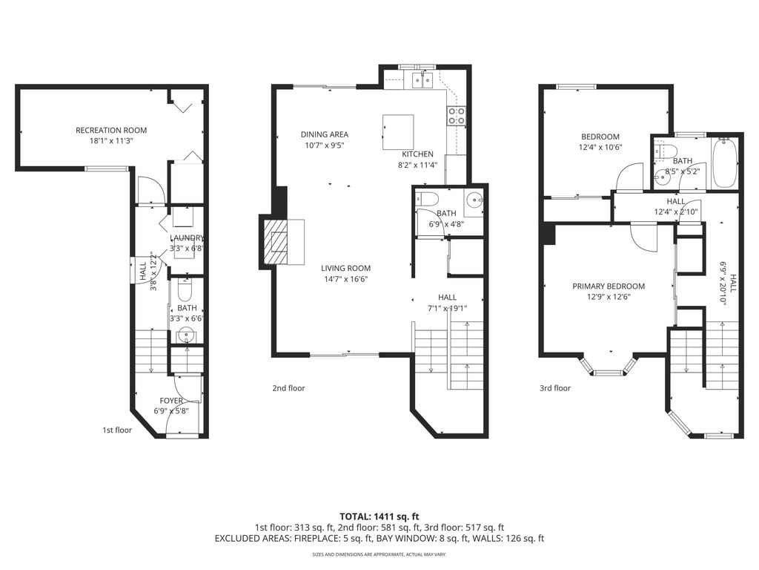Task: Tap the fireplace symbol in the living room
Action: (281, 241)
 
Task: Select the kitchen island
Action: (397, 132)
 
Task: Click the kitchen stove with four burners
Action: (457, 116)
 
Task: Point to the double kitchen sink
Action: (422, 79)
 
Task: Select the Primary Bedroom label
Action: (608, 286)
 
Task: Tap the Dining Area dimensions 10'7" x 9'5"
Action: (324, 145)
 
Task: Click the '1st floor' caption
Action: (117, 430)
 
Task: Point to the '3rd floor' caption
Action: (554, 388)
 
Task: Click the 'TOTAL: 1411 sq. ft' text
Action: (379, 516)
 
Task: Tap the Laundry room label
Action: (186, 237)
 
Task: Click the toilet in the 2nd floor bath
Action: (425, 200)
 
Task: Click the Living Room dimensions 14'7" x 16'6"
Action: (345, 279)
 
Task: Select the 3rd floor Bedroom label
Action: (600, 137)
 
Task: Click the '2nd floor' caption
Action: (288, 388)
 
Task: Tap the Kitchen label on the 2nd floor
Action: (417, 154)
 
